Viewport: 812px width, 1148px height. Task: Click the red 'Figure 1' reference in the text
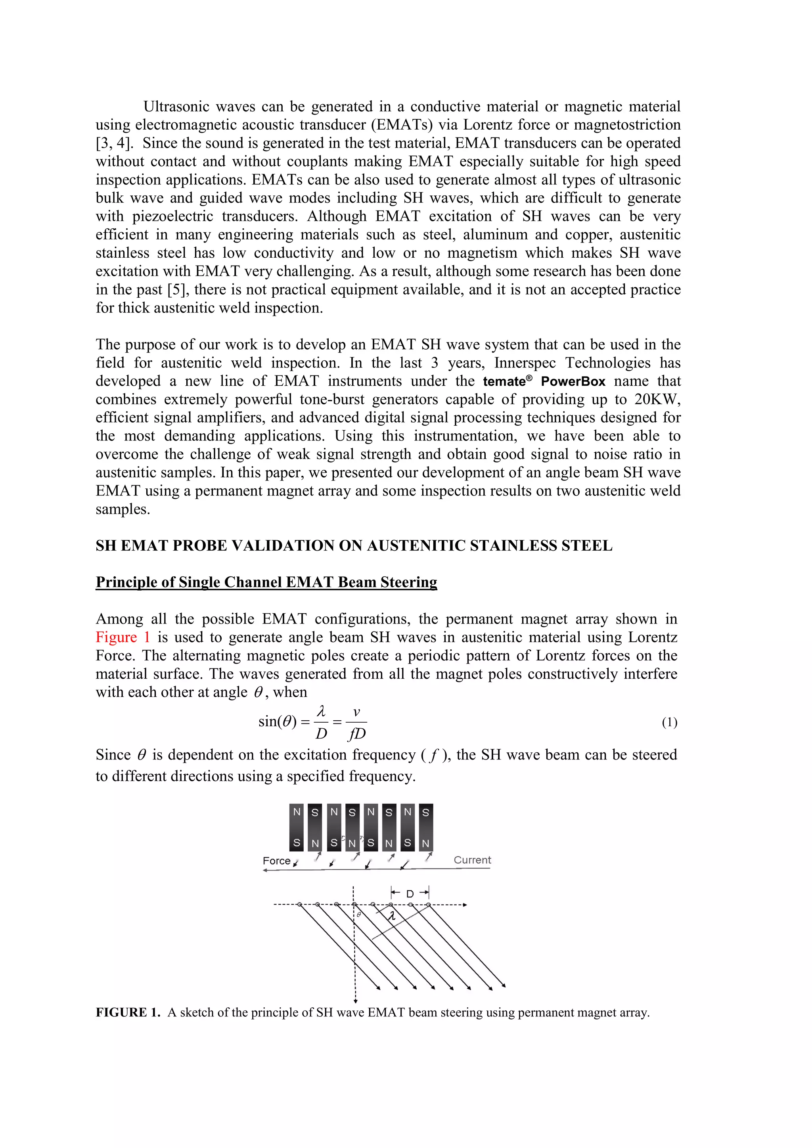(x=123, y=637)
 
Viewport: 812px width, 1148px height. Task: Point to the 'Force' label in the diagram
(x=276, y=861)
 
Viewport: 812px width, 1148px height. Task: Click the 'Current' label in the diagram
(x=472, y=860)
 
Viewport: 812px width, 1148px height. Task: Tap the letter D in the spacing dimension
(x=410, y=894)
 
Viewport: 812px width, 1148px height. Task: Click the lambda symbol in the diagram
(x=393, y=916)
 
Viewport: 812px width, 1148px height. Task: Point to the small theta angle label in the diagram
(x=358, y=914)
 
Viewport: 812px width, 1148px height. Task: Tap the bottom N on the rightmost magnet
(x=425, y=844)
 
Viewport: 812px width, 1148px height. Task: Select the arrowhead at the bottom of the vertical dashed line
(x=355, y=1001)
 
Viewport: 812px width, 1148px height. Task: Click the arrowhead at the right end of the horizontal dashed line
(x=465, y=905)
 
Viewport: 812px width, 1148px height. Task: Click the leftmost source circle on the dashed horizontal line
(x=299, y=905)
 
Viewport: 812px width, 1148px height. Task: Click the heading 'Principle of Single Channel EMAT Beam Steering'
(x=266, y=582)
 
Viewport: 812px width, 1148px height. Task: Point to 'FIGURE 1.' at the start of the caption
(x=128, y=1012)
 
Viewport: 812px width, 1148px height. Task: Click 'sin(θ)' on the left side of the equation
(x=278, y=721)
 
